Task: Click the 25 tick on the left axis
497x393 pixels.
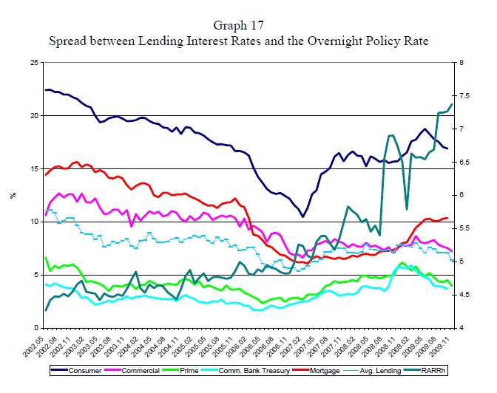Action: tap(35, 63)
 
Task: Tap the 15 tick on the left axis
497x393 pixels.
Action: tap(35, 169)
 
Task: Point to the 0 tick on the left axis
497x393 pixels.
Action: tap(38, 328)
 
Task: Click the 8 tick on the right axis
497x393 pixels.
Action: tap(461, 63)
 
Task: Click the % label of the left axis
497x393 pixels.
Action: tap(12, 196)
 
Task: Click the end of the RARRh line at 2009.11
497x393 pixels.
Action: tap(450, 104)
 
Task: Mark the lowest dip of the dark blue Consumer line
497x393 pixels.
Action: tap(303, 216)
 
